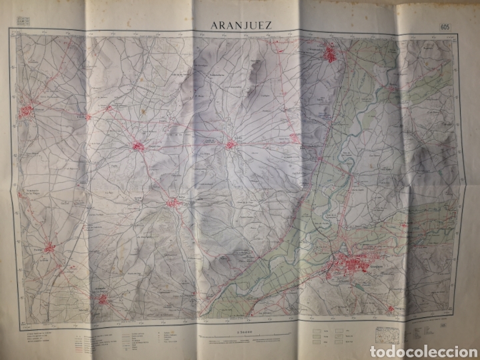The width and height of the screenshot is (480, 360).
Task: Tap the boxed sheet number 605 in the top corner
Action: coord(445,26)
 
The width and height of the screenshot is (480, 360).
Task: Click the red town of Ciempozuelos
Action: coord(330,54)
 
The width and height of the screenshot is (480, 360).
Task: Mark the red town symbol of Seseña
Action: coord(231,143)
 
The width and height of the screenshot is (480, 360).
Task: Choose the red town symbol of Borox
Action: coord(175,202)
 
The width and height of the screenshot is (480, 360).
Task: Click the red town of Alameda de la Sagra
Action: coord(103,299)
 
